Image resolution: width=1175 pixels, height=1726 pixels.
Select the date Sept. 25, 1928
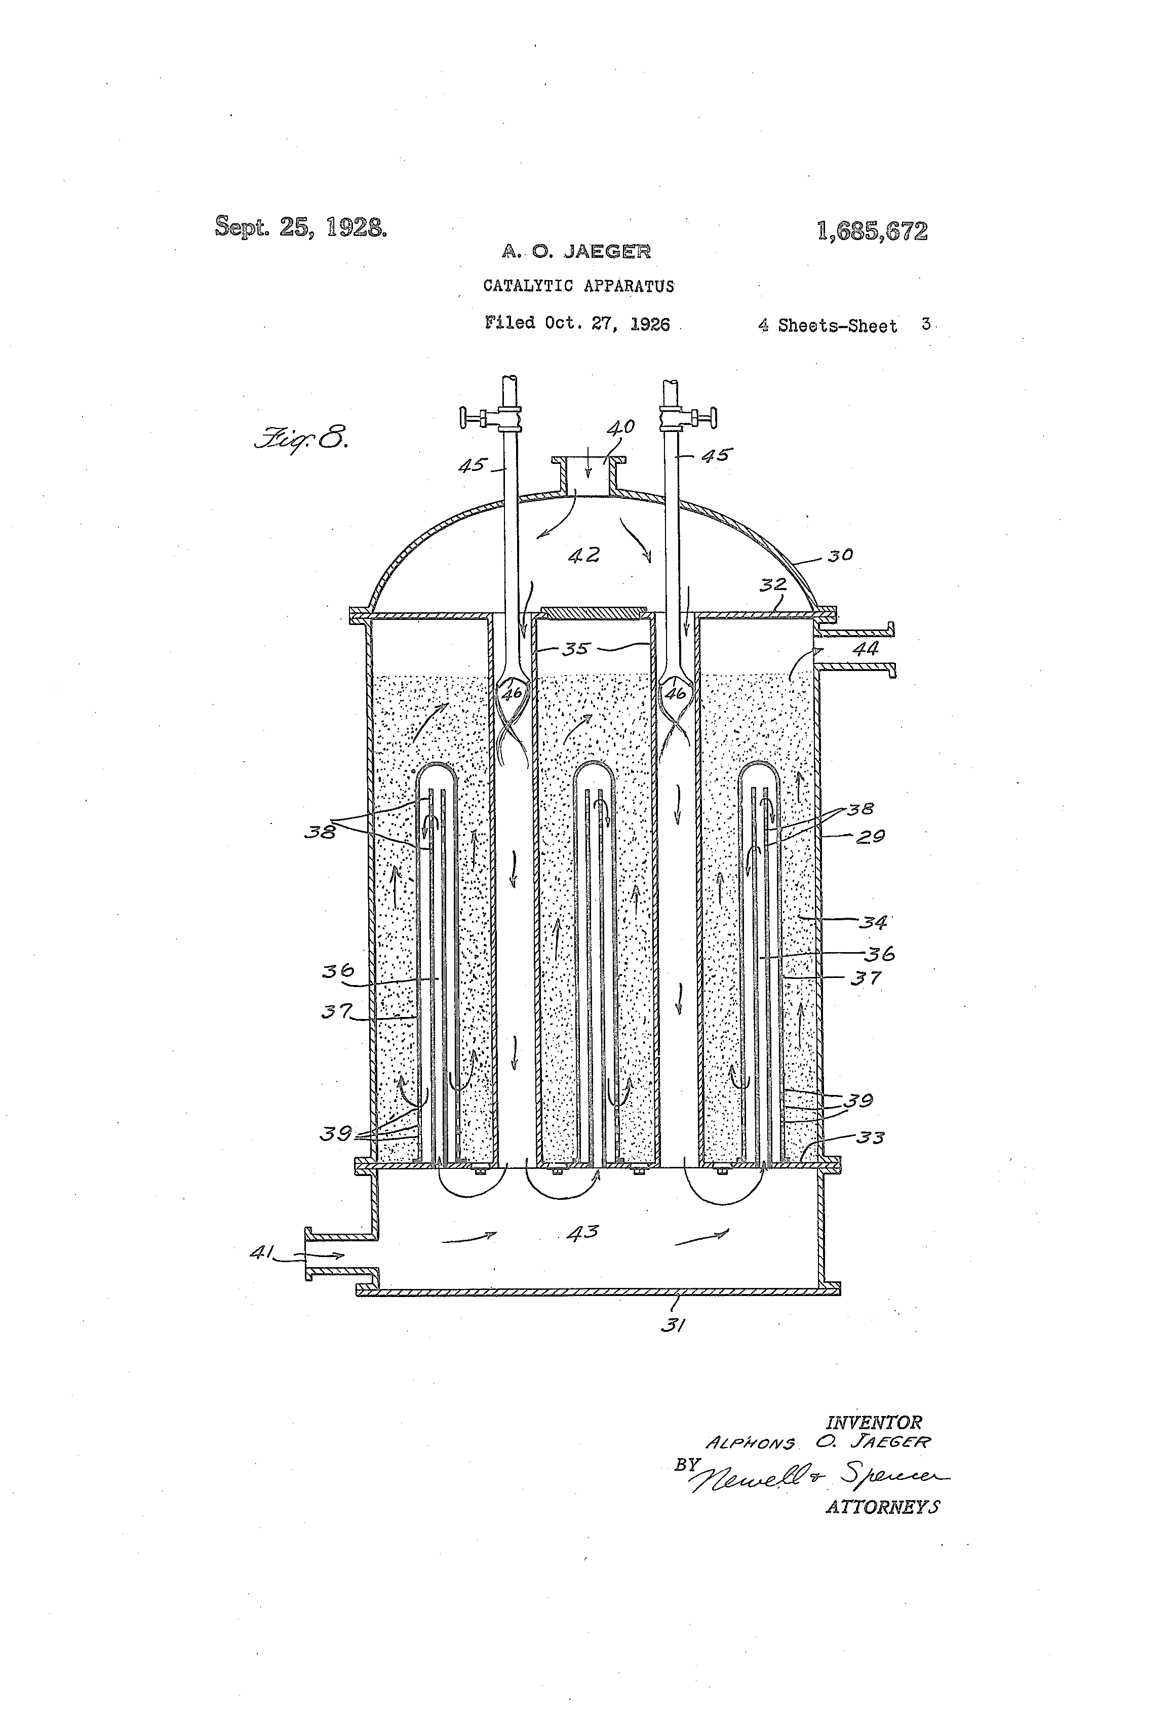pyautogui.click(x=301, y=226)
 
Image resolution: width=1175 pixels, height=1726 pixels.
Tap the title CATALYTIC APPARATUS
pyautogui.click(x=578, y=286)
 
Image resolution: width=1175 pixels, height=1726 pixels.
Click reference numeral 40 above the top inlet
pyautogui.click(x=620, y=428)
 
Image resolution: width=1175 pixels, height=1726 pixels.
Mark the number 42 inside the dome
pyautogui.click(x=584, y=555)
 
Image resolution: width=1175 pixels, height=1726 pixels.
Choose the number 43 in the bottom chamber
pyautogui.click(x=582, y=1232)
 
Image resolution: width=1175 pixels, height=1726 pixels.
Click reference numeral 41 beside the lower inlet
pyautogui.click(x=261, y=1253)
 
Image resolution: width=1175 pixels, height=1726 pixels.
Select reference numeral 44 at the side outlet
pyautogui.click(x=865, y=648)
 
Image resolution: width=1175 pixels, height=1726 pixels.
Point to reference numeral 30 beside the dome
pyautogui.click(x=840, y=555)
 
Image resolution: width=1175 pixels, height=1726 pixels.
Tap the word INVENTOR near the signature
pyautogui.click(x=874, y=1422)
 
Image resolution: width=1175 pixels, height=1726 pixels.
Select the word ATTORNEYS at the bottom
pyautogui.click(x=882, y=1507)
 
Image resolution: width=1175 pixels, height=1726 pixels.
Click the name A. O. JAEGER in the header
pyautogui.click(x=576, y=252)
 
